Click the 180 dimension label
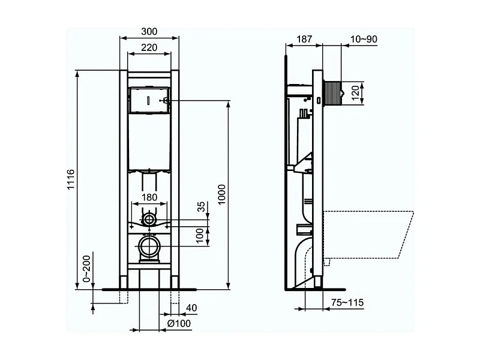pyautogui.click(x=149, y=197)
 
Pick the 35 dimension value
pyautogui.click(x=202, y=207)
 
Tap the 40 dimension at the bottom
pyautogui.click(x=191, y=308)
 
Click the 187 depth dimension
pyautogui.click(x=304, y=40)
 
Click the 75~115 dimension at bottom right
pyautogui.click(x=348, y=302)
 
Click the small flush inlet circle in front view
pyautogui.click(x=149, y=220)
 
